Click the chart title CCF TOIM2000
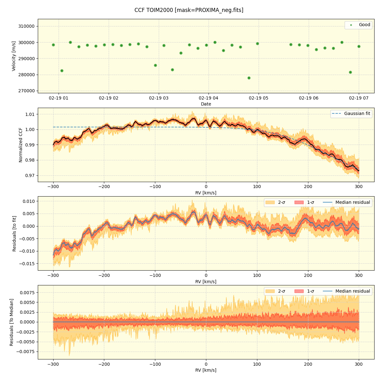click(x=189, y=10)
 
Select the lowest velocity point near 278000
click(x=249, y=78)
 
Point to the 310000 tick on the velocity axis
click(x=27, y=26)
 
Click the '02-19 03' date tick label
click(x=159, y=98)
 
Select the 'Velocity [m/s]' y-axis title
click(x=14, y=56)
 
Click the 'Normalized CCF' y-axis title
click(x=21, y=145)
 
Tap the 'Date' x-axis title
click(x=206, y=104)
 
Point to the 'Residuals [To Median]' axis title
click(x=12, y=322)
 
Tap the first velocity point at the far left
click(x=53, y=45)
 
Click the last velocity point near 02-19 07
click(x=359, y=46)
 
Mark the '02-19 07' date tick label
click(x=359, y=98)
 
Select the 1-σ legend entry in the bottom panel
click(x=310, y=291)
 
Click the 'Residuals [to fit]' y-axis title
click(x=14, y=233)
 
